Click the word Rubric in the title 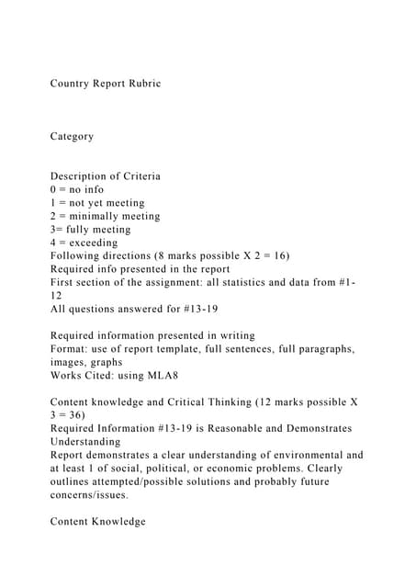tap(142, 84)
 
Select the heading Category tap(72, 136)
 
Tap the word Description tap(80, 176)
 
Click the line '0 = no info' tap(77, 189)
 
